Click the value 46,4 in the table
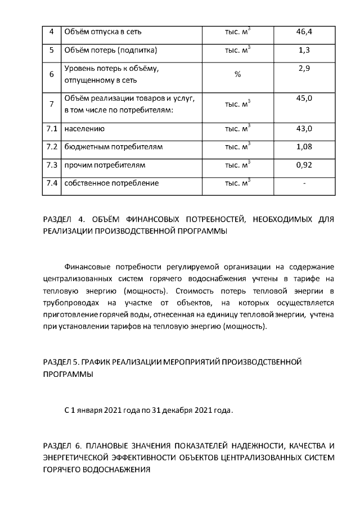tap(304, 31)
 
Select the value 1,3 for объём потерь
tap(304, 50)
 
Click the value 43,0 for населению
tap(304, 128)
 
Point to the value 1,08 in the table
tap(304, 147)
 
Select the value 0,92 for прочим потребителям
tap(304, 165)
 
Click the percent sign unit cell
tap(237, 75)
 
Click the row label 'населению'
tap(84, 129)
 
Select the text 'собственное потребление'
tap(111, 183)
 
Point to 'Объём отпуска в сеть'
tap(103, 31)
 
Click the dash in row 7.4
tap(304, 184)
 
